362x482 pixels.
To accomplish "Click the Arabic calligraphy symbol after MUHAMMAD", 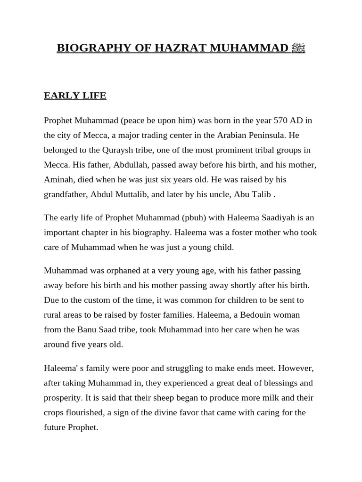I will (298, 48).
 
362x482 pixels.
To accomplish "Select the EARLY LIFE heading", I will (75, 96).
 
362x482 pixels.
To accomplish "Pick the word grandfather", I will (66, 194).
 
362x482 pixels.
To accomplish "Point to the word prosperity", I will (63, 398).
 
